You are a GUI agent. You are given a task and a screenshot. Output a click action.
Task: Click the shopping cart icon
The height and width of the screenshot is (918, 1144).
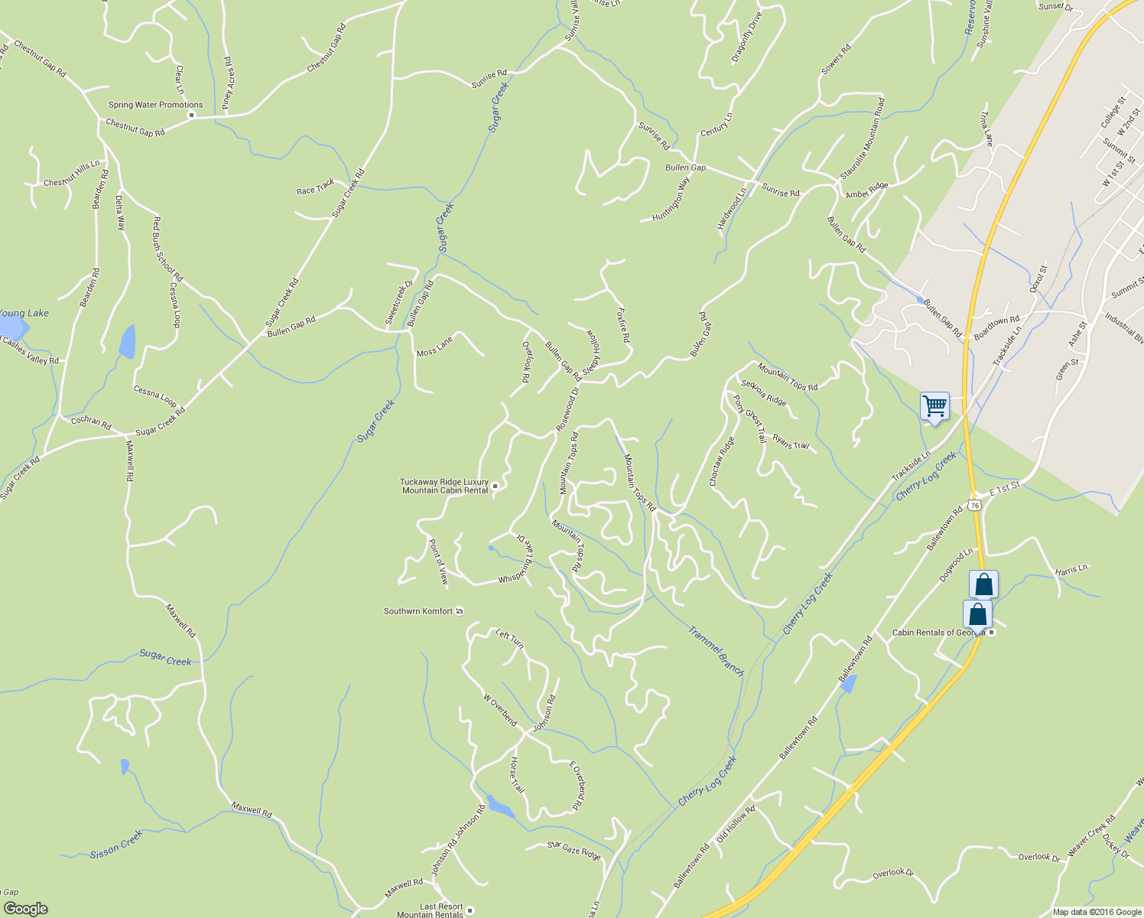[x=934, y=405]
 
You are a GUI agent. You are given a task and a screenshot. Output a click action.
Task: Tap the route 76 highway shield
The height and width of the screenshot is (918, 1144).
[x=973, y=504]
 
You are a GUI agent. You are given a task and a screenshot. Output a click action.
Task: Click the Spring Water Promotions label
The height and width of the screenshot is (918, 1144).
[x=155, y=105]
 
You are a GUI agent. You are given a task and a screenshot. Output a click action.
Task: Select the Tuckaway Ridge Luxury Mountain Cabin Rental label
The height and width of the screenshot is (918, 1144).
[x=444, y=487]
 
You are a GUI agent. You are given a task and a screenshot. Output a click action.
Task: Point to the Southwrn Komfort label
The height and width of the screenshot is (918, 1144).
[x=418, y=611]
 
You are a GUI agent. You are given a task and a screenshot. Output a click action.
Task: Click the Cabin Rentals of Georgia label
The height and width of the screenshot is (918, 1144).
[x=938, y=633]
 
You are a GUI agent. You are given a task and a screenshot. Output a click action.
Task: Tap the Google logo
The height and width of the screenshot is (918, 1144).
[x=25, y=909]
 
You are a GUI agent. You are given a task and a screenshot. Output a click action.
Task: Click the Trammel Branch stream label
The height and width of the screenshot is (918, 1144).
[x=716, y=651]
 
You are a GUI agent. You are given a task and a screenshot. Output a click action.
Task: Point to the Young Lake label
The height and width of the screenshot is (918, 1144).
[x=23, y=313]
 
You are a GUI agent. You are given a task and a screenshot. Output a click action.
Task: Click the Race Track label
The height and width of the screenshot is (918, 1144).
[x=315, y=187]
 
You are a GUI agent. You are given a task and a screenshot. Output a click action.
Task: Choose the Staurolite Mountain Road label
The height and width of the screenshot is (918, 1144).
[x=862, y=138]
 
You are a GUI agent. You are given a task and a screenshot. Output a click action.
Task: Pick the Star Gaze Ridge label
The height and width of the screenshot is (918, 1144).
[x=574, y=850]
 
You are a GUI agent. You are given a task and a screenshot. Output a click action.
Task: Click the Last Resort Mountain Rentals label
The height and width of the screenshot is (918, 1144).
[x=430, y=910]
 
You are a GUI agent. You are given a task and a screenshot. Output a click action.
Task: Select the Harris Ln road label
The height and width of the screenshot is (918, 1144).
[x=1071, y=569]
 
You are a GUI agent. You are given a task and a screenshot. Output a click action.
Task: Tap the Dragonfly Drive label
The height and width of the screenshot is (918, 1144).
[x=746, y=37]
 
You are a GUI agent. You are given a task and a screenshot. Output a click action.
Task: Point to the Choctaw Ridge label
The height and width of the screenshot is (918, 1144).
[x=722, y=462]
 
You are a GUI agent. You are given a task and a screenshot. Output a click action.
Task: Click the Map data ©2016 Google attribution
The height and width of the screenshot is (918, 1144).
[x=1097, y=912]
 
